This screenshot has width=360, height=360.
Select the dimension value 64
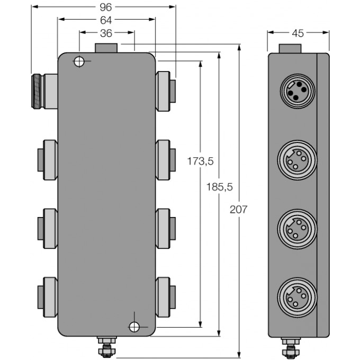pos(106,21)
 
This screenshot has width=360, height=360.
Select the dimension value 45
pos(298,33)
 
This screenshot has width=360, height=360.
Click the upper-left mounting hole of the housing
pos(79,62)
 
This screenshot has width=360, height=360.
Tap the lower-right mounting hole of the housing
pos(134,326)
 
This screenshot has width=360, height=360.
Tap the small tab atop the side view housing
pos(290,48)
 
